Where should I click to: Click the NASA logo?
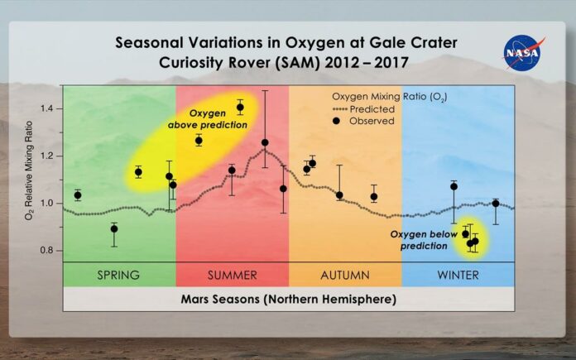[x=523, y=52]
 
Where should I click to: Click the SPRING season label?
[x=118, y=275]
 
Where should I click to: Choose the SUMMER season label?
[x=233, y=275]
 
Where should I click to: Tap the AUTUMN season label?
[x=345, y=275]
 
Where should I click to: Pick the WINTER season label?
[x=458, y=275]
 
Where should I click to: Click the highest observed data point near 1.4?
[x=240, y=108]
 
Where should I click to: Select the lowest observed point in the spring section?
[x=114, y=229]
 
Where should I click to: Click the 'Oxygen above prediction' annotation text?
[x=208, y=119]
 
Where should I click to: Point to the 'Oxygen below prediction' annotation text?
[x=424, y=240]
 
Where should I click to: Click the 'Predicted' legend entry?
[x=363, y=109]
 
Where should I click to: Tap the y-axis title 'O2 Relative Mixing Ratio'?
[x=29, y=170]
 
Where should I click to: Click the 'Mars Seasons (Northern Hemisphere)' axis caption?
[x=289, y=299]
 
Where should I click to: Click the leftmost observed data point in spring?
[x=78, y=195]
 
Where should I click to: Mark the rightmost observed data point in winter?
[x=496, y=203]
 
